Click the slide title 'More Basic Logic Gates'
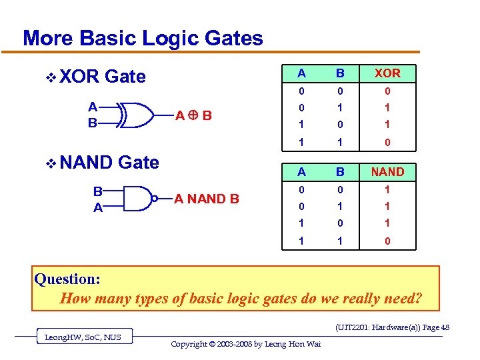(143, 38)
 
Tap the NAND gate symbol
(136, 198)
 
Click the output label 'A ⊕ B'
(193, 115)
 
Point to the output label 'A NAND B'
(207, 198)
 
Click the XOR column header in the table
(387, 73)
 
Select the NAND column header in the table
(387, 172)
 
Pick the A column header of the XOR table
(302, 73)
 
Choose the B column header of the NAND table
(340, 172)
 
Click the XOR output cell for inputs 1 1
(387, 143)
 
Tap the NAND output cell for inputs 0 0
(387, 190)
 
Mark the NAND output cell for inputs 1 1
(387, 241)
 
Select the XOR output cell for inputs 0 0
(387, 91)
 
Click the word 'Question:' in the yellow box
(67, 279)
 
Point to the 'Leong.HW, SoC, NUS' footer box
(83, 337)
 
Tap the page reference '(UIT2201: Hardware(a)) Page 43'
(392, 327)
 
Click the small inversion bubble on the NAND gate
(153, 198)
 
